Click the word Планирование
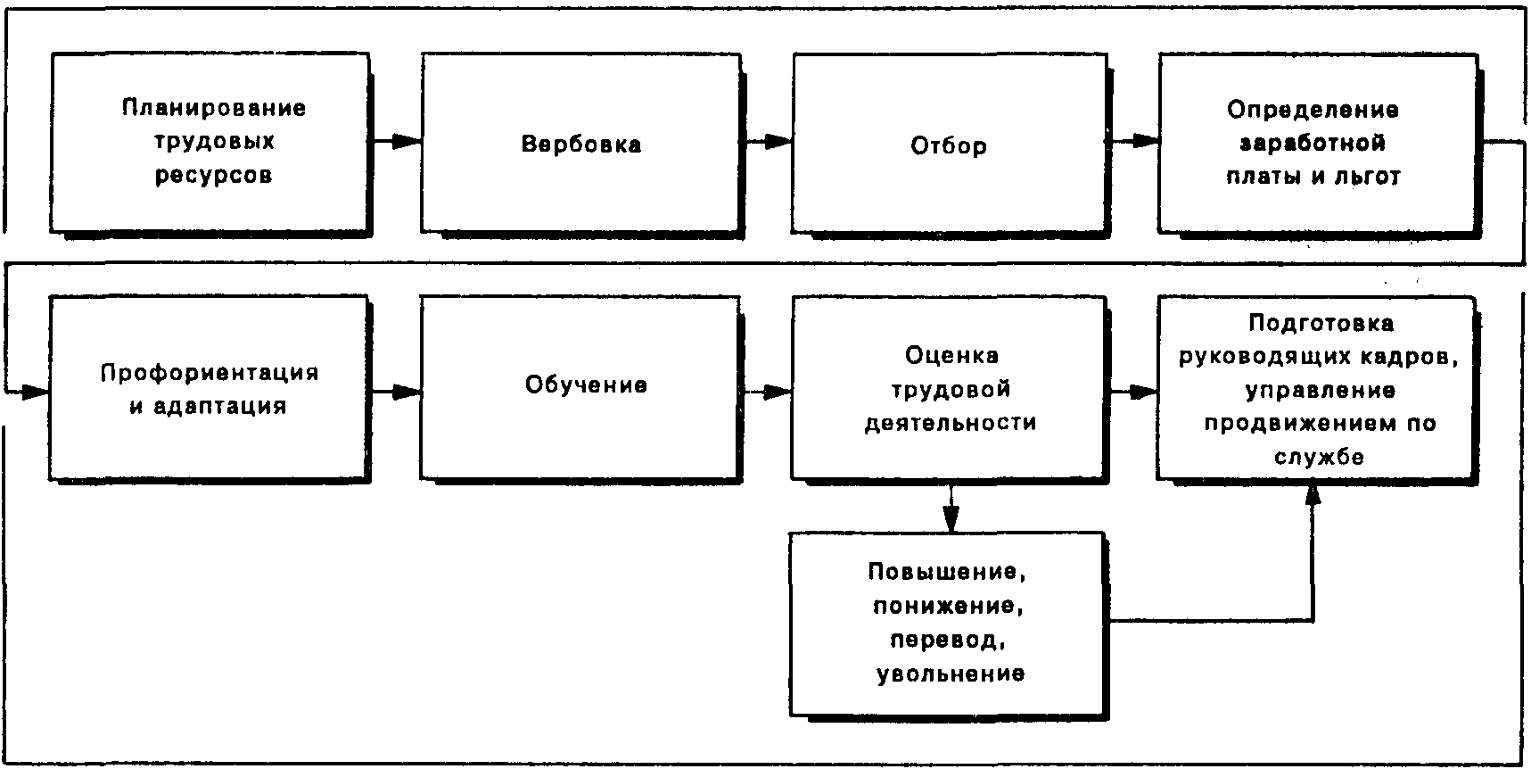[x=214, y=108]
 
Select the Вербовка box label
[x=580, y=145]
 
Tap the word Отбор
[x=948, y=145]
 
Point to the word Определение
[x=1313, y=110]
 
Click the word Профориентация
[x=209, y=372]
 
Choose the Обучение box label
[x=586, y=385]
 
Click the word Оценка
[x=951, y=355]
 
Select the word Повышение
[x=953, y=571]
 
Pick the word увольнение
[x=951, y=673]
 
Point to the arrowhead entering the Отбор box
[x=778, y=141]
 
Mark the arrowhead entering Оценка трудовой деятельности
[x=778, y=391]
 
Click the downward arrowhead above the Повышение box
[x=951, y=520]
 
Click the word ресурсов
[x=213, y=176]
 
